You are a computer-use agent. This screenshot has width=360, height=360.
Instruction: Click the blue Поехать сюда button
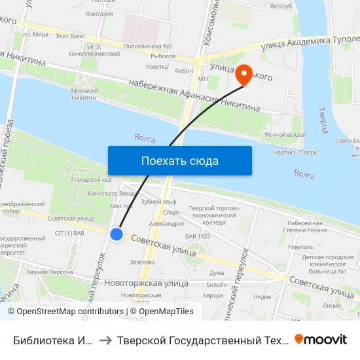pyautogui.click(x=179, y=160)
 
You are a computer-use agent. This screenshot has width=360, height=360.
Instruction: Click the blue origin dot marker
pyautogui.click(x=117, y=234)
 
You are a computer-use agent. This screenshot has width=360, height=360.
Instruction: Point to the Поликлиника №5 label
pyautogui.click(x=147, y=46)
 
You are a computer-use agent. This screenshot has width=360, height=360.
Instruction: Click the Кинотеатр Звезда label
pyautogui.click(x=111, y=194)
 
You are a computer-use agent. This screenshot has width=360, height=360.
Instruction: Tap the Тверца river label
pyautogui.click(x=322, y=122)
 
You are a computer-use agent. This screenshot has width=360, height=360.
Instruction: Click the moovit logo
pyautogui.click(x=321, y=339)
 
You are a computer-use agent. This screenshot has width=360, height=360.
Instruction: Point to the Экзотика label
pyautogui.click(x=142, y=262)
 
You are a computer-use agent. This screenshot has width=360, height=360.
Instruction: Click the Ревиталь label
pyautogui.click(x=300, y=247)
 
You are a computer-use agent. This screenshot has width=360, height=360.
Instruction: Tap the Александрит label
pyautogui.click(x=167, y=223)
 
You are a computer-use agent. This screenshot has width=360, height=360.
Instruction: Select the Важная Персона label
pyautogui.click(x=49, y=271)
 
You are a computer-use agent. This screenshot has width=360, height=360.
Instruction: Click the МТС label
pyautogui.click(x=204, y=79)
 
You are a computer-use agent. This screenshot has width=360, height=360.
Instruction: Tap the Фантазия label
pyautogui.click(x=99, y=14)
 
